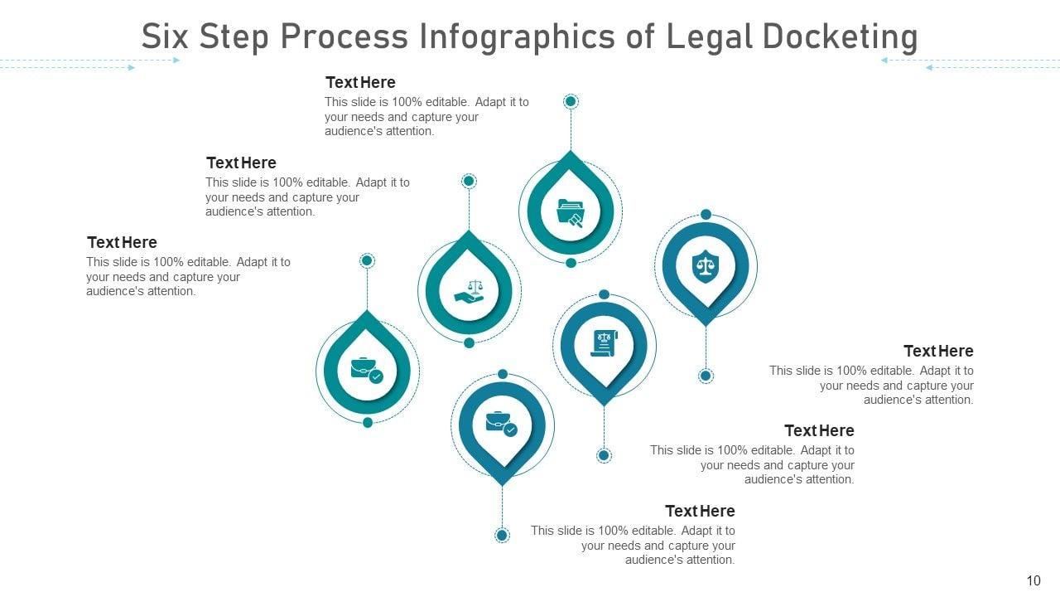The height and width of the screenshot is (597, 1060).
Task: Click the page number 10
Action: (x=1033, y=580)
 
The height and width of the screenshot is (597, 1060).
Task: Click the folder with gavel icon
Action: (x=571, y=212)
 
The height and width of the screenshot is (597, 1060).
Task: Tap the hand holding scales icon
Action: (x=470, y=291)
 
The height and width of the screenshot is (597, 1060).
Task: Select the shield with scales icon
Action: (x=706, y=267)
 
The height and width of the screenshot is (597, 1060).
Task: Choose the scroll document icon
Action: (x=605, y=342)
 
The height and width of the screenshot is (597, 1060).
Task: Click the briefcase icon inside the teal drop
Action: (x=367, y=369)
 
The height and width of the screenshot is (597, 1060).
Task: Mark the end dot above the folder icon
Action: (x=571, y=101)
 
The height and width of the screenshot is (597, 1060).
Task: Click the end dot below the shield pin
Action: (x=706, y=376)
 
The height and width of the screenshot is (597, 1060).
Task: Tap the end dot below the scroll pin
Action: (x=605, y=455)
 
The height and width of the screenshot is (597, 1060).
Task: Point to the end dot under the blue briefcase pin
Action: (x=502, y=535)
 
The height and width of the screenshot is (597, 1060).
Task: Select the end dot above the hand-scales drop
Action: (x=469, y=181)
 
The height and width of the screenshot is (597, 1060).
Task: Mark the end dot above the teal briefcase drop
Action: (x=368, y=260)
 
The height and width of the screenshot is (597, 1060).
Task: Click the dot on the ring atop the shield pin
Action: (x=706, y=215)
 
